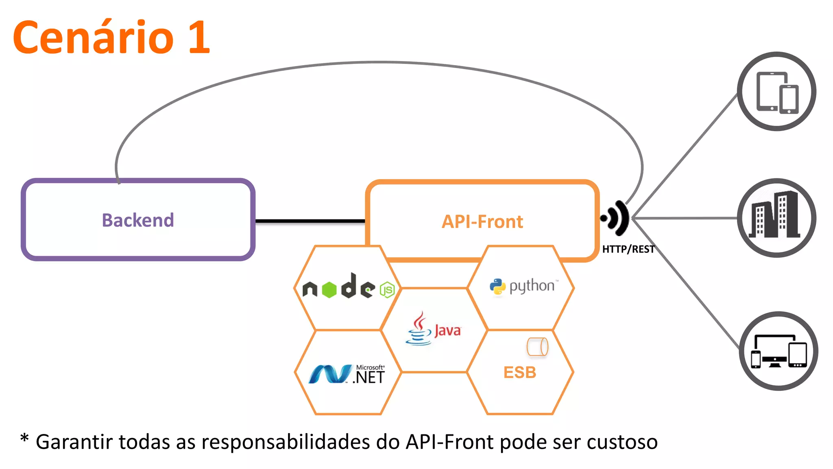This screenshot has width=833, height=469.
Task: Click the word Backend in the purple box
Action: pos(138,220)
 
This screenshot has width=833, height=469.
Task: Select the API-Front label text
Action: pos(482,222)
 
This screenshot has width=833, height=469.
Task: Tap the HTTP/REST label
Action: pos(628,249)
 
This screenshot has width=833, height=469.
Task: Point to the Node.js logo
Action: pos(348,287)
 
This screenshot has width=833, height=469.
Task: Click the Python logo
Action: pos(523,286)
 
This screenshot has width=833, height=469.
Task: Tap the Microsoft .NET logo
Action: pos(347,374)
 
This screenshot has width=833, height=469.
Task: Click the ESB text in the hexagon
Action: pos(520,373)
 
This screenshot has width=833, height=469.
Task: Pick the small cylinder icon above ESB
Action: pos(537,347)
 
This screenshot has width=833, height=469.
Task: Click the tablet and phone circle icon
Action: pos(776,92)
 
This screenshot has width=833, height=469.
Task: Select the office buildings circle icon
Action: pos(776,218)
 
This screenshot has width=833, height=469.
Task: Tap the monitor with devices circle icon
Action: pos(778,351)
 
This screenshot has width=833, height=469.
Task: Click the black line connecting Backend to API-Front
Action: pos(310,221)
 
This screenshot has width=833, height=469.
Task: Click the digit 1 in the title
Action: pos(199,37)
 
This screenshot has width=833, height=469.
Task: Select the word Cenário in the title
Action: pos(94,37)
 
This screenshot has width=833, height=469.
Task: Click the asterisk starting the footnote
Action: pos(24,439)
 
